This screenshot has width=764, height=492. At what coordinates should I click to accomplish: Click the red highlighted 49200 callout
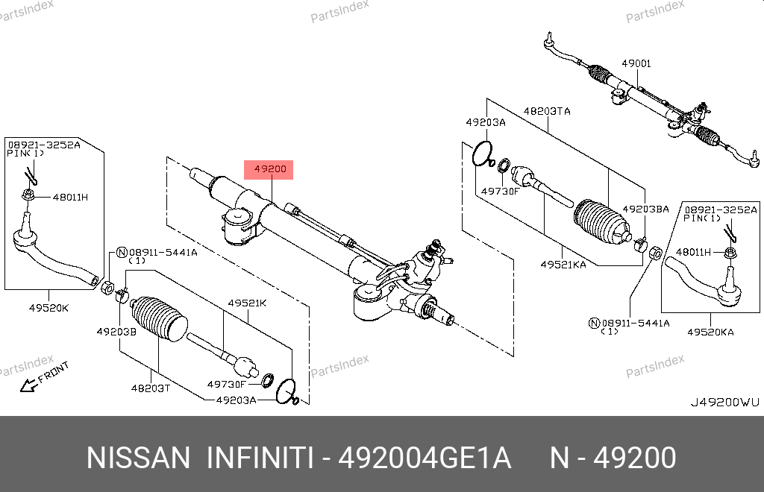269,169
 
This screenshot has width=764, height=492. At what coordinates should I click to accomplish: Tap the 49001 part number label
636,63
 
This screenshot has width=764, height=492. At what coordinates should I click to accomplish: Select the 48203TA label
547,111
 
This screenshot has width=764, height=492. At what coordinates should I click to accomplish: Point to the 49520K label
48,308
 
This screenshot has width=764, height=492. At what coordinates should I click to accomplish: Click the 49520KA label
710,332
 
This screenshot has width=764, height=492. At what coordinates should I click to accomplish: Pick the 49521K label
247,303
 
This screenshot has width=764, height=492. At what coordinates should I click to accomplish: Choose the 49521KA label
563,264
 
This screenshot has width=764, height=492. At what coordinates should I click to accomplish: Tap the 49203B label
116,332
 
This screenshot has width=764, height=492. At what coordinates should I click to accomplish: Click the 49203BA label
645,209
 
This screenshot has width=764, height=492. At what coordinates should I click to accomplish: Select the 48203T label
151,388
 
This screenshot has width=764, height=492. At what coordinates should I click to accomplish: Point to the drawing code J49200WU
724,403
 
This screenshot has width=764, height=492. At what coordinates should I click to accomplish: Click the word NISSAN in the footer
138,458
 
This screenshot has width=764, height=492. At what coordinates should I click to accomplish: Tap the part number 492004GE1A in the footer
425,458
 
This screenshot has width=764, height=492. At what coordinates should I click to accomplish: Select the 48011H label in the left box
70,197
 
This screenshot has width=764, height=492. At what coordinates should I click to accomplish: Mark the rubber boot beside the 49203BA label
603,221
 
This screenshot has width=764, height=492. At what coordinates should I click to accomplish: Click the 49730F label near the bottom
227,384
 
